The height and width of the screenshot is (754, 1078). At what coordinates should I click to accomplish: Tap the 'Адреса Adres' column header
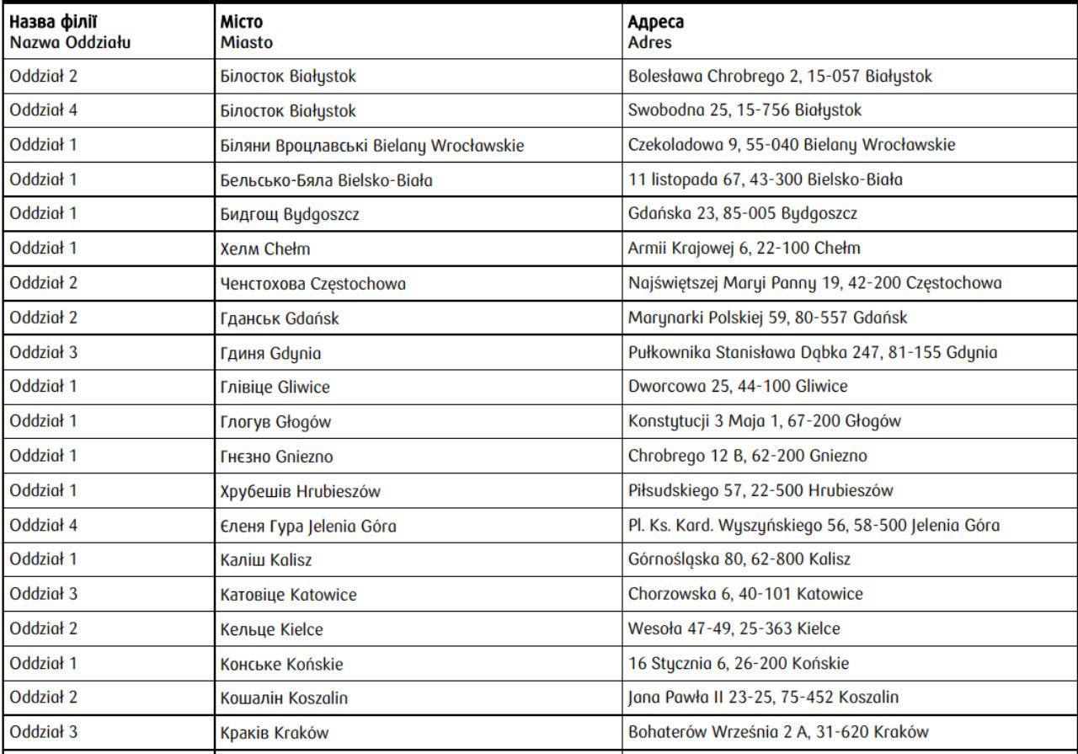(x=656, y=31)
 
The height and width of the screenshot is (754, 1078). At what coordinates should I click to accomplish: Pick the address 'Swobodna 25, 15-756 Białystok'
(x=744, y=110)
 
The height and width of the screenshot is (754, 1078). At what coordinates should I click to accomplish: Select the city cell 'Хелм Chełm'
(x=265, y=249)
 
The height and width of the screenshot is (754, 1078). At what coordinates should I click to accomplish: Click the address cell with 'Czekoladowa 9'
(x=792, y=145)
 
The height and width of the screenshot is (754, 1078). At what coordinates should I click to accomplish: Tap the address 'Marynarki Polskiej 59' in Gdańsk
(x=767, y=318)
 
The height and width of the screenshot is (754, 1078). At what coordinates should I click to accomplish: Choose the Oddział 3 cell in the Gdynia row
(x=44, y=352)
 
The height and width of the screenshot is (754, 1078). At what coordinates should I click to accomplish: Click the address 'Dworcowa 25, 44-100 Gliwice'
(x=738, y=387)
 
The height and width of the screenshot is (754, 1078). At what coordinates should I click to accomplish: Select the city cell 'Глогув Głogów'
(x=275, y=422)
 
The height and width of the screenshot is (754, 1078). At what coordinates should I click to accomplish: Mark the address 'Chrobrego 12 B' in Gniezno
(x=747, y=456)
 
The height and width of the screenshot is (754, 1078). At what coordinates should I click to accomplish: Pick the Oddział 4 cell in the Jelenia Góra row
(x=44, y=525)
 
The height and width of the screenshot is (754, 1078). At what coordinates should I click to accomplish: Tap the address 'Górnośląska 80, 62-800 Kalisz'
(x=739, y=559)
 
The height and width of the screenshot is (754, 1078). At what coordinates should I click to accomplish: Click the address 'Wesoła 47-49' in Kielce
(x=734, y=628)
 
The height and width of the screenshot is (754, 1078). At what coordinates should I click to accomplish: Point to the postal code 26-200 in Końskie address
(x=762, y=663)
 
